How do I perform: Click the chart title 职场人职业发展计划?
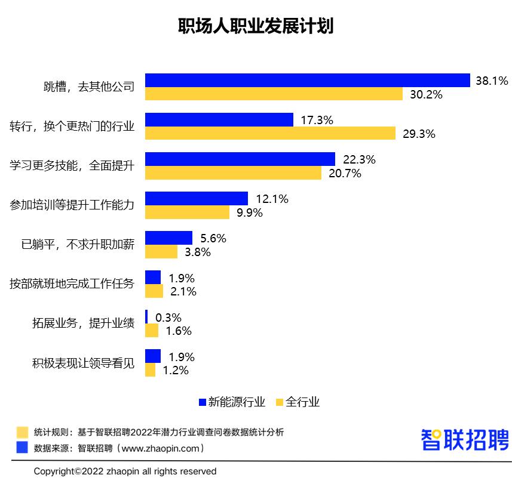[256, 27]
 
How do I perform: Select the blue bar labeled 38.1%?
[308, 80]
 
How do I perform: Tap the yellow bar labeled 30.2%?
[274, 94]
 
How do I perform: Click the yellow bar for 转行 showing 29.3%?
[270, 133]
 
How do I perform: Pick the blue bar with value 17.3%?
[219, 119]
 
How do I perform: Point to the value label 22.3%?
[359, 159]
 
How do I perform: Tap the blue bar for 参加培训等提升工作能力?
[197, 198]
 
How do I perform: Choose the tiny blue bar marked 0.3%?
[146, 317]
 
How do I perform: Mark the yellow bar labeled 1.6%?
[152, 331]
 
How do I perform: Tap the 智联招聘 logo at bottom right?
[465, 439]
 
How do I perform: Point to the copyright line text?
[125, 472]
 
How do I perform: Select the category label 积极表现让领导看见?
[83, 363]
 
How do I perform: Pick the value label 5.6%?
[213, 238]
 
